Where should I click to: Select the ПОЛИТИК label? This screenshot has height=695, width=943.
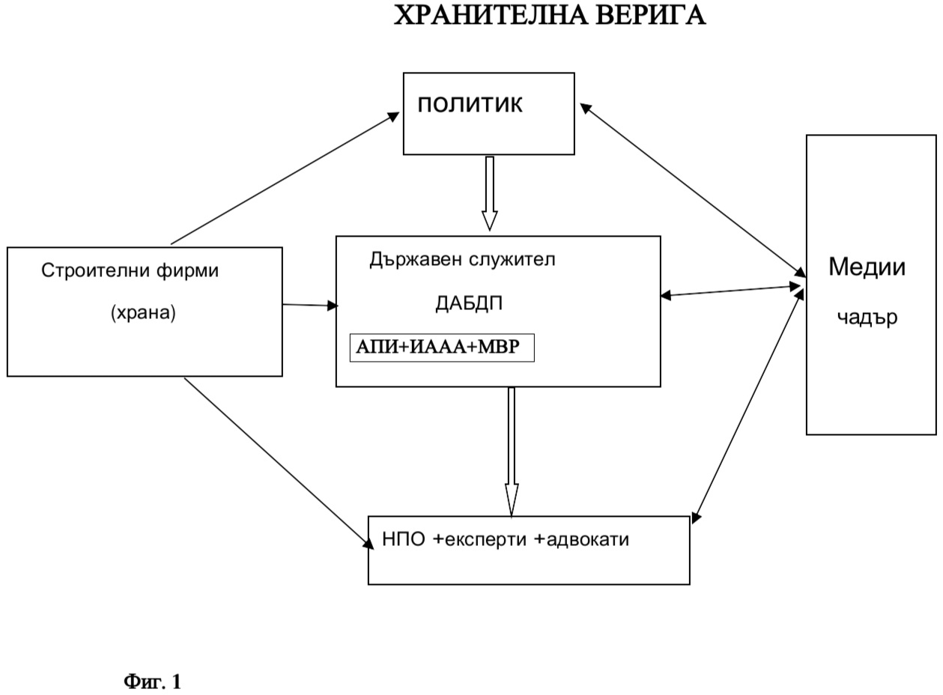pos(470,105)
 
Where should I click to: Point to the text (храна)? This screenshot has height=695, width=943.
pos(143,313)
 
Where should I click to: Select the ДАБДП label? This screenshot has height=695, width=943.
pos(469,303)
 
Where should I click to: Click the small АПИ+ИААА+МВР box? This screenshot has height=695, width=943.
pos(442,347)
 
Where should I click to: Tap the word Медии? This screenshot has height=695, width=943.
pos(867,267)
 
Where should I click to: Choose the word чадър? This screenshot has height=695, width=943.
pos(867,318)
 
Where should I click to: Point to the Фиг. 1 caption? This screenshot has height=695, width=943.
pos(152,682)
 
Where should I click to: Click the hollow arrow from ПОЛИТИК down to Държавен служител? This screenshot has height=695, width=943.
pos(489,192)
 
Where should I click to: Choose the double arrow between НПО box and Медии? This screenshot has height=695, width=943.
pos(748,405)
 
